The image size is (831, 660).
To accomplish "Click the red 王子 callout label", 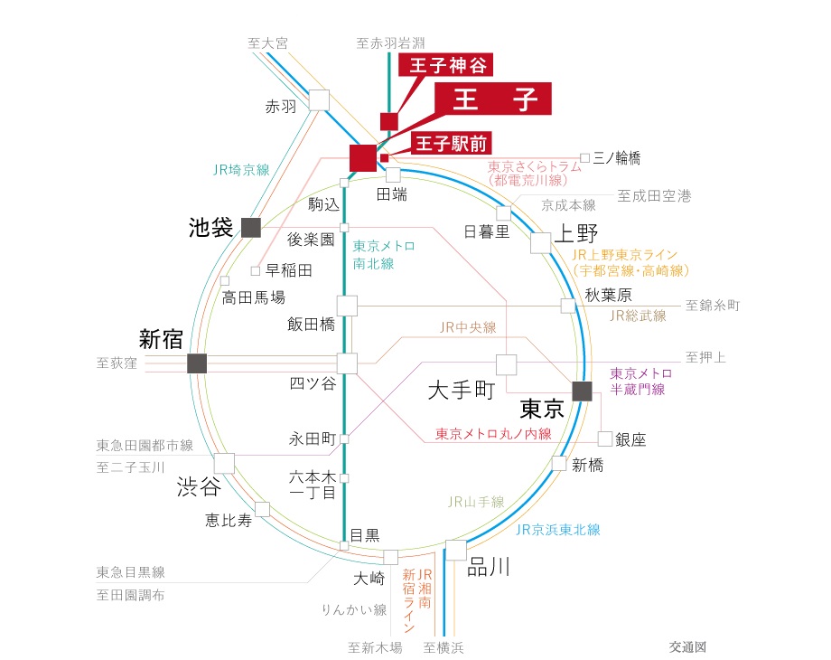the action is pyautogui.click(x=493, y=99).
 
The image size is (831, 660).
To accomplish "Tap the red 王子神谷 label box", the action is pyautogui.click(x=446, y=65).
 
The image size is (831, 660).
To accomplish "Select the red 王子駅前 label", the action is pyautogui.click(x=451, y=143).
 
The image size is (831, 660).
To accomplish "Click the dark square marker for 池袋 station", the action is pyautogui.click(x=251, y=228).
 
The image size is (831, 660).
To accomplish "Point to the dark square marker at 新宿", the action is pyautogui.click(x=197, y=363).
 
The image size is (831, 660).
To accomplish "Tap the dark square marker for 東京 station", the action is pyautogui.click(x=582, y=391).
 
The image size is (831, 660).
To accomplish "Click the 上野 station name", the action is pyautogui.click(x=576, y=233).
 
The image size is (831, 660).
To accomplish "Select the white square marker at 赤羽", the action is pyautogui.click(x=319, y=100).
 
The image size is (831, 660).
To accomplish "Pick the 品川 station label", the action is pyautogui.click(x=489, y=568).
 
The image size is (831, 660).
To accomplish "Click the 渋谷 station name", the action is pyautogui.click(x=199, y=486).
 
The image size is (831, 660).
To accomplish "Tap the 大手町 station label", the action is pyautogui.click(x=462, y=390).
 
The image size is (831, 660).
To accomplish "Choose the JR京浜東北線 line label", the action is pyautogui.click(x=557, y=530).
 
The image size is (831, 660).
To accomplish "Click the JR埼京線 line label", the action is pyautogui.click(x=241, y=170).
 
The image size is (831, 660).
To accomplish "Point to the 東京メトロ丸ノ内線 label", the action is pyautogui.click(x=493, y=434).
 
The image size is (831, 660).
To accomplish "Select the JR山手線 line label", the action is pyautogui.click(x=476, y=502).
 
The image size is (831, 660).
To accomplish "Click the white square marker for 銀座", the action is pyautogui.click(x=605, y=438).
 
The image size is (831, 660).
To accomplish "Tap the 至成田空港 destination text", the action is pyautogui.click(x=655, y=196).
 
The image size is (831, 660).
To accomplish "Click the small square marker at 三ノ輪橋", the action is pyautogui.click(x=585, y=157).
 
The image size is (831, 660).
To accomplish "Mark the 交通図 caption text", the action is pyautogui.click(x=687, y=646).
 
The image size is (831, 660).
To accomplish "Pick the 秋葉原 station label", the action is pyautogui.click(x=609, y=295).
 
